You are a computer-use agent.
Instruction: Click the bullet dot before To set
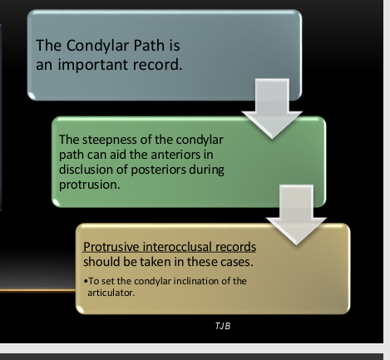click(86, 280)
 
